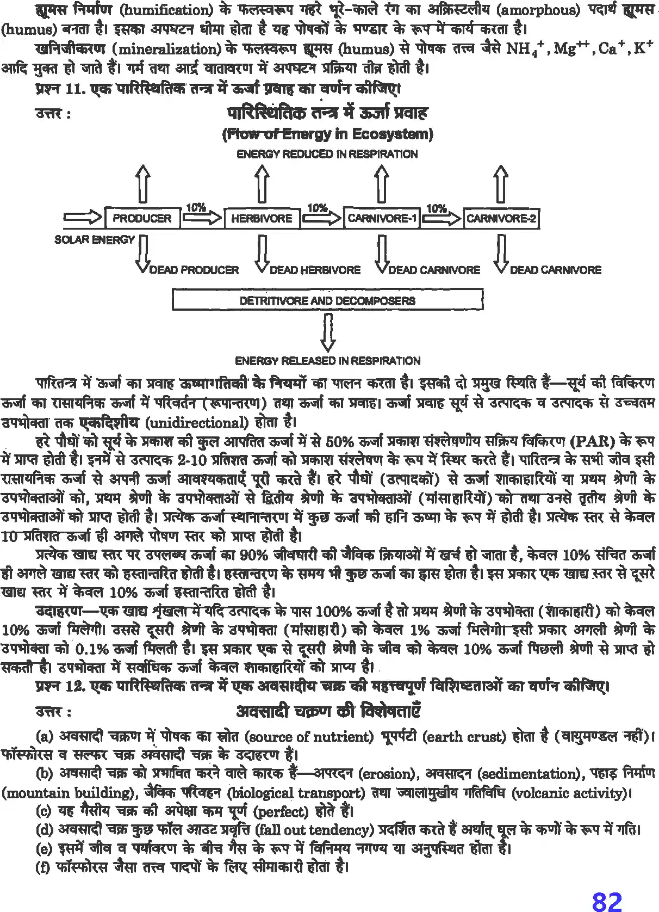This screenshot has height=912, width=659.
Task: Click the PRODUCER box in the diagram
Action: (x=142, y=218)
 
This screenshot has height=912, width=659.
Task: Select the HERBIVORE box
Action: (x=262, y=218)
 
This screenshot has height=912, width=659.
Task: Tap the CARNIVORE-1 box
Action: (x=382, y=218)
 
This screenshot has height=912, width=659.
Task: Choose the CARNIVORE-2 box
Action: (x=501, y=218)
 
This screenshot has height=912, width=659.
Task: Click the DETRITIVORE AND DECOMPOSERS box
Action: (x=327, y=300)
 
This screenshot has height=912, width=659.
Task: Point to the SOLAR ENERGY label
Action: (x=94, y=239)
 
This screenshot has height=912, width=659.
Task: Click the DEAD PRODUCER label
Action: (x=194, y=270)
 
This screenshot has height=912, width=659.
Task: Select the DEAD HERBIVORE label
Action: (x=315, y=270)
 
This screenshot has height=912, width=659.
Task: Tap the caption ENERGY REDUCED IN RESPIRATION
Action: (x=327, y=155)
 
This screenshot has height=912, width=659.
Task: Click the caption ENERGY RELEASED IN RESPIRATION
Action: (x=327, y=361)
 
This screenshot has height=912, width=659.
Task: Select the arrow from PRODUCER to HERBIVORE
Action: (x=202, y=218)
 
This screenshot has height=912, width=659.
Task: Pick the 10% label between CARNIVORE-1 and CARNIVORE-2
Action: (x=436, y=208)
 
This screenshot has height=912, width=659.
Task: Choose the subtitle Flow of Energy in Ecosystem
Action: (x=327, y=134)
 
